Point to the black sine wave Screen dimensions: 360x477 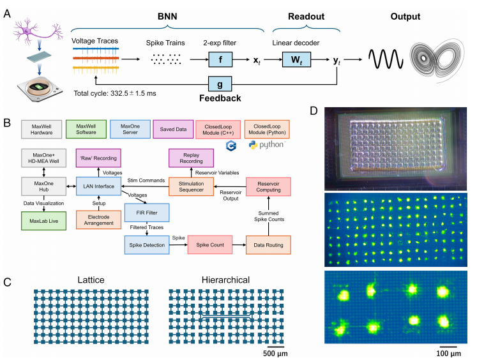click(x=384, y=61)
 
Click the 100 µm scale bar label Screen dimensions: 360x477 click(x=448, y=354)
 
